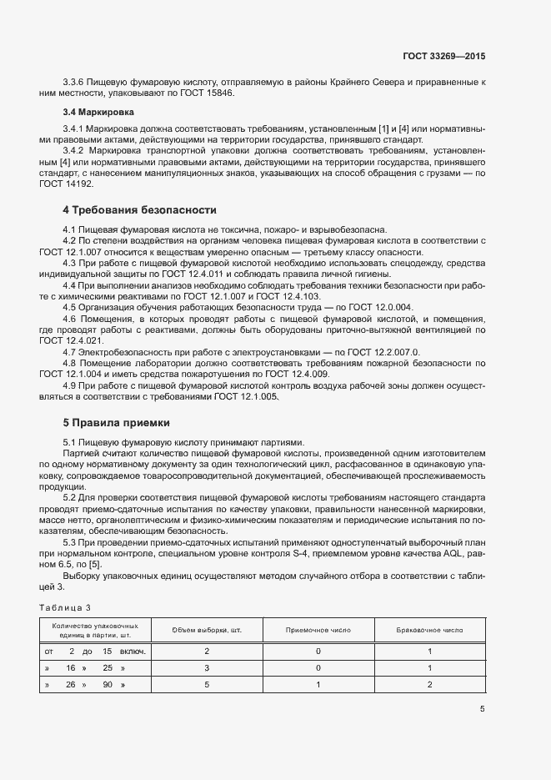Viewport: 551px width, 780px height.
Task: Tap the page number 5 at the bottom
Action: pos(482,709)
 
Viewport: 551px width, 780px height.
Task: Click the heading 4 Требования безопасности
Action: pos(139,209)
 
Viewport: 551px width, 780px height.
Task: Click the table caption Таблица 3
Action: pos(65,606)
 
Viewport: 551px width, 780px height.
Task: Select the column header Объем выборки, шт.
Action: pos(206,629)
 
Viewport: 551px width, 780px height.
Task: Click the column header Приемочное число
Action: pos(318,629)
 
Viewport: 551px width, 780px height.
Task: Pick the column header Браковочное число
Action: pos(428,629)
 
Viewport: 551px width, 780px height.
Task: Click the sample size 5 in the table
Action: pos(206,685)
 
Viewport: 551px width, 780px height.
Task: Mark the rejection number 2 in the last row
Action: pos(428,685)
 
